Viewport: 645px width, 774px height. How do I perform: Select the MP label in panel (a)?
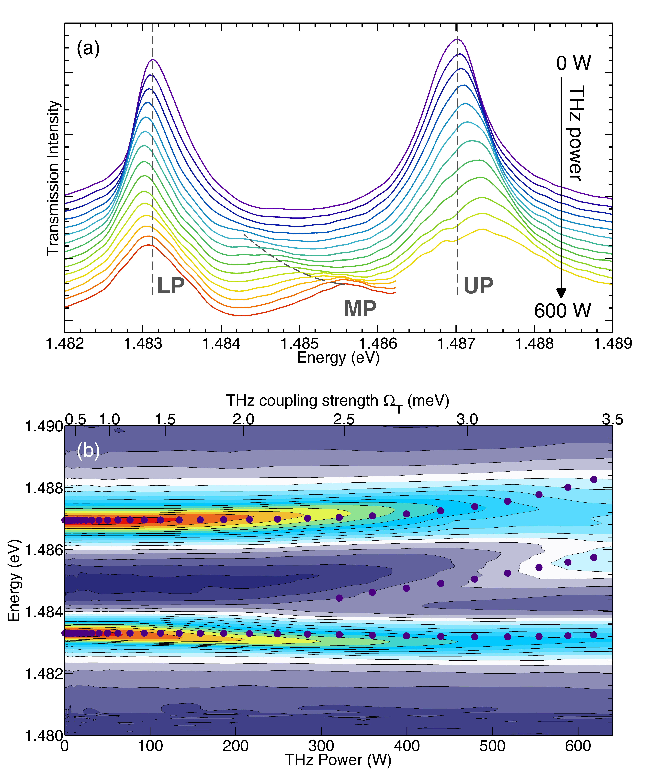tap(360, 309)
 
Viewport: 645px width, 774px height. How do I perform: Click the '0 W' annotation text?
tap(573, 63)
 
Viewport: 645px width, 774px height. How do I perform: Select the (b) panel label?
tap(88, 450)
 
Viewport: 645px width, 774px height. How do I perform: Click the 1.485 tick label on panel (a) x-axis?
tap(299, 344)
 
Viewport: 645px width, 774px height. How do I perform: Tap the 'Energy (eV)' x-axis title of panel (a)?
tap(338, 357)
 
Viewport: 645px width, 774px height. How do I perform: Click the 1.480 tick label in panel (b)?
tap(44, 736)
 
